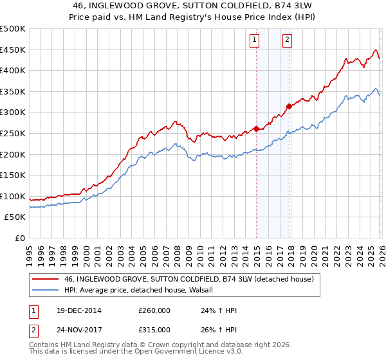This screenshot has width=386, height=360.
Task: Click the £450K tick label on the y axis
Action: click(13, 50)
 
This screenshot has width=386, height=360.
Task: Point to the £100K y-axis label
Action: click(13, 196)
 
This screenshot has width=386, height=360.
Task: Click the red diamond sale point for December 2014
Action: click(257, 129)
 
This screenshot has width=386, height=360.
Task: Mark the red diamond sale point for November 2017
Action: click(289, 106)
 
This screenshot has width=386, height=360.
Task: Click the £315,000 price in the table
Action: click(154, 329)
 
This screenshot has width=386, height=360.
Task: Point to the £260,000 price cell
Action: click(154, 310)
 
